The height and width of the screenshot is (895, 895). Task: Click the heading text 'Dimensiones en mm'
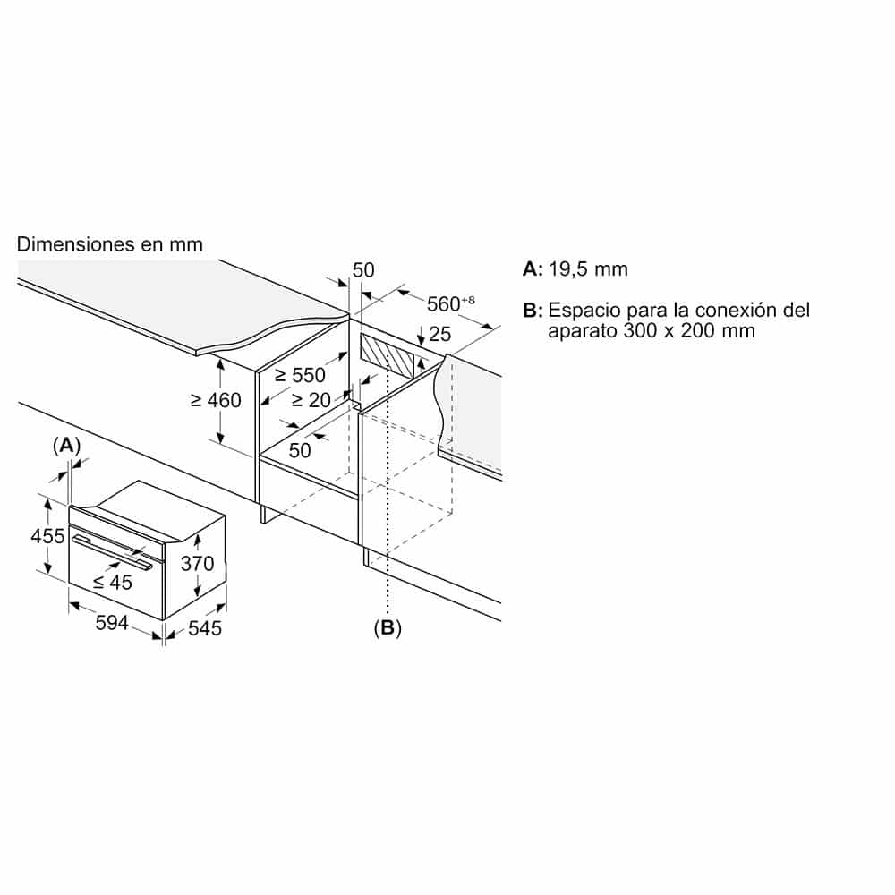pos(109,244)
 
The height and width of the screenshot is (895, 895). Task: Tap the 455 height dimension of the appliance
pos(48,536)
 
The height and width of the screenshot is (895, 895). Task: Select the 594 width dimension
pos(112,623)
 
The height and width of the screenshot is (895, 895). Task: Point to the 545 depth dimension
pos(204,628)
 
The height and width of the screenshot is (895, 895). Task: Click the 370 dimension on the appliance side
pos(198,563)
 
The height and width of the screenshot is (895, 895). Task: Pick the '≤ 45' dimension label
pos(113,583)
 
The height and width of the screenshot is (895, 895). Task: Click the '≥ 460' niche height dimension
pos(216,400)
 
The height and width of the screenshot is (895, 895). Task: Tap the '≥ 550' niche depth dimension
pos(300,375)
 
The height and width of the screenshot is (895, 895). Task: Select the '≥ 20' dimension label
pos(311,400)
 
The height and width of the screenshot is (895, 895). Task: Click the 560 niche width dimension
pos(450,303)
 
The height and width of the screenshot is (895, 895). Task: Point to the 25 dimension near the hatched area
pos(439,334)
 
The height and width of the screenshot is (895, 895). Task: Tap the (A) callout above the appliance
pos(66,445)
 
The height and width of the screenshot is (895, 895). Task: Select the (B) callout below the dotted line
pos(388,628)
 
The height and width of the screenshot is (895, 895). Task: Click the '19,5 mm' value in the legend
pos(588,268)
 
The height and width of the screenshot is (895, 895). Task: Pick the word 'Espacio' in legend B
pos(584,311)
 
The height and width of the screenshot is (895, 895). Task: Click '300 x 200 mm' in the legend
pos(689,330)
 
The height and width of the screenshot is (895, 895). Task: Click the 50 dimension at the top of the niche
pos(363,270)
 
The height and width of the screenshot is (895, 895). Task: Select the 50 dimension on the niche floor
pos(300,450)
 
